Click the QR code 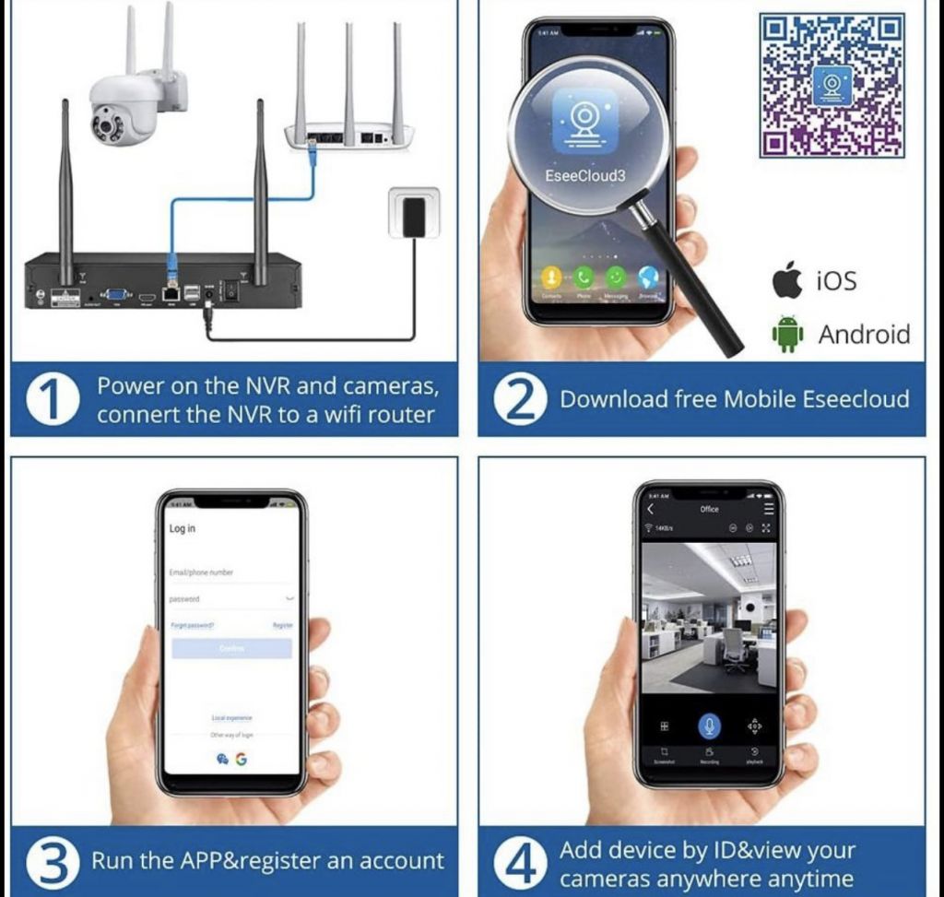tap(832, 85)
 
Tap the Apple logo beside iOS tap(787, 279)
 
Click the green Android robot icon tap(787, 335)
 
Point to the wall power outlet tap(414, 215)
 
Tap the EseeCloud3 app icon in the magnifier tap(584, 121)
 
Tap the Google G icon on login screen tap(241, 759)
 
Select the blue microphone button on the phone tap(709, 726)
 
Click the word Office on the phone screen tap(709, 509)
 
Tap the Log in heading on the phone tap(183, 528)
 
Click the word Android tap(864, 335)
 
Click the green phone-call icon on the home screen tap(583, 277)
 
